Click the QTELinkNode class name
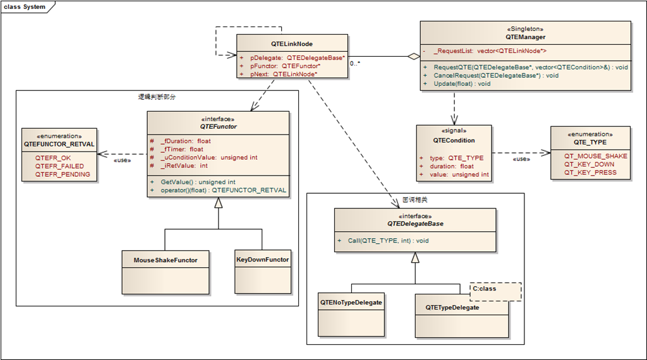[292, 44]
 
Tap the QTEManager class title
[525, 37]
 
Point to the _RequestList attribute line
[490, 51]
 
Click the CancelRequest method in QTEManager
[496, 75]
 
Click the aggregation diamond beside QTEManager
[413, 56]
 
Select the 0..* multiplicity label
[355, 64]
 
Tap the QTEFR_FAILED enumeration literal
[59, 166]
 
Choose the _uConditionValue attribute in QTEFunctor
[209, 157]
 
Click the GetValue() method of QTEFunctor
[198, 182]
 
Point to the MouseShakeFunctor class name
[166, 260]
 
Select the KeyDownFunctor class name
[262, 260]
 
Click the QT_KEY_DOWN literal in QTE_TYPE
[590, 164]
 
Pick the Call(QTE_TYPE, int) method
[389, 241]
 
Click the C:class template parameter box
[495, 292]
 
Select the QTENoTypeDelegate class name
[351, 303]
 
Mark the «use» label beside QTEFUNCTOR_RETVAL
[122, 160]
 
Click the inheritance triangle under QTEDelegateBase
[415, 258]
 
